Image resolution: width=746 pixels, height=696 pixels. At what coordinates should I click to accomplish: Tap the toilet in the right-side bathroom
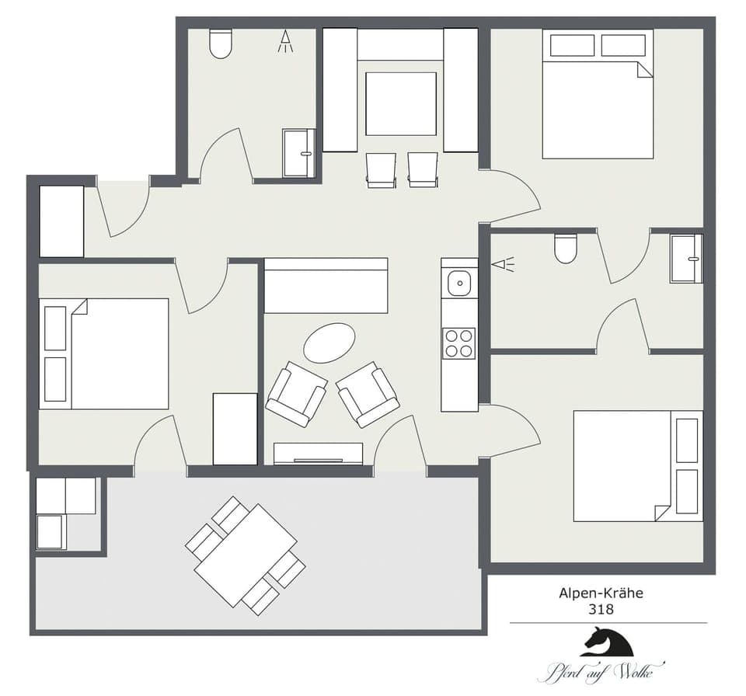coord(566,248)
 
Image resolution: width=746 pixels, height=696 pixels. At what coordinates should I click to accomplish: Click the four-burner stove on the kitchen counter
coord(458,343)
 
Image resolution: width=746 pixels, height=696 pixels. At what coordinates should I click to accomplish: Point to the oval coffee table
coord(329,343)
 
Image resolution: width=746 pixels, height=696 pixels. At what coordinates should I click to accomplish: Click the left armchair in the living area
coord(296,394)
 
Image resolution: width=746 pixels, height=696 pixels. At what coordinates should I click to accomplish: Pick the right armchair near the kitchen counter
coord(368,395)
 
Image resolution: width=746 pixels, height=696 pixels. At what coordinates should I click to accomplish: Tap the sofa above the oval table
coord(326,285)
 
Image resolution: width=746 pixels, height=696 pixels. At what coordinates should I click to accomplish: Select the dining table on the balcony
coord(245,555)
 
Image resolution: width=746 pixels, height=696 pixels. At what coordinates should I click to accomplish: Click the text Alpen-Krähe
coord(601,593)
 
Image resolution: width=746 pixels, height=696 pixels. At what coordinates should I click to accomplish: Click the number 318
coord(601,610)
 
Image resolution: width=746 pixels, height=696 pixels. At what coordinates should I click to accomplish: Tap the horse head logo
coord(607,642)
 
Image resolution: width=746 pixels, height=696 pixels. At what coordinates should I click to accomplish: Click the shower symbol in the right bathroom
coord(503,265)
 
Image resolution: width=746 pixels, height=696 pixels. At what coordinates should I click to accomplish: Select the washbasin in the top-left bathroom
coord(298,153)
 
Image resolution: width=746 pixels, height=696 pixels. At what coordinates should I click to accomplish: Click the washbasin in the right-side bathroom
coord(686,258)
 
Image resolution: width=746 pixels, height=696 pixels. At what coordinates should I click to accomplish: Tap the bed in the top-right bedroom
coord(597,94)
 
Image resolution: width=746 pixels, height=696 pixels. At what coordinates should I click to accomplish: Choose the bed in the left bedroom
coord(104,353)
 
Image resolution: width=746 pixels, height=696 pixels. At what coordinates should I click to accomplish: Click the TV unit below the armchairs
coord(319,454)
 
